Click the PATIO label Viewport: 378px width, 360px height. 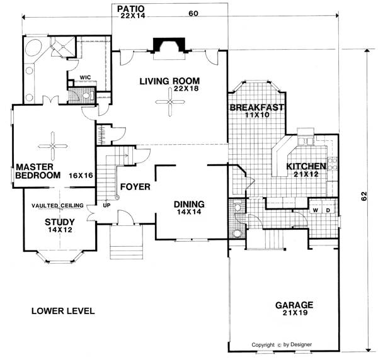tap(131, 9)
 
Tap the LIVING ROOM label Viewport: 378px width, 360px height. tap(169, 81)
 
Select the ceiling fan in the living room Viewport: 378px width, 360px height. tap(170, 102)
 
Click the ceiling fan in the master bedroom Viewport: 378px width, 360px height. tap(52, 146)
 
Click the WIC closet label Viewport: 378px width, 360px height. tap(85, 77)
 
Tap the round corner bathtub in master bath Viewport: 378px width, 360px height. tap(33, 48)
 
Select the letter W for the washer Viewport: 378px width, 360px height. tap(316, 210)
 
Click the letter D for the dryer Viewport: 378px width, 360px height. tap(328, 210)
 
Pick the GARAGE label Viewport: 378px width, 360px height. tap(294, 305)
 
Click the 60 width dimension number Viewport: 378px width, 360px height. tap(193, 13)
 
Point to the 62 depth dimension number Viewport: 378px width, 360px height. tap(364, 196)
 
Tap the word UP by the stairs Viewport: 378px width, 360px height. tap(106, 206)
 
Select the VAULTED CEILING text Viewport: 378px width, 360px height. tap(57, 206)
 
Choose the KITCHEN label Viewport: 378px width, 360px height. tap(306, 166)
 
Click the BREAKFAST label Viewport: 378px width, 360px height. tap(257, 108)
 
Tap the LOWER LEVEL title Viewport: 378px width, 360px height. tap(63, 311)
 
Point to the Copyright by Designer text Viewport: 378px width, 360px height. tap(282, 345)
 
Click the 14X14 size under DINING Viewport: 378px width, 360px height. tap(189, 212)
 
